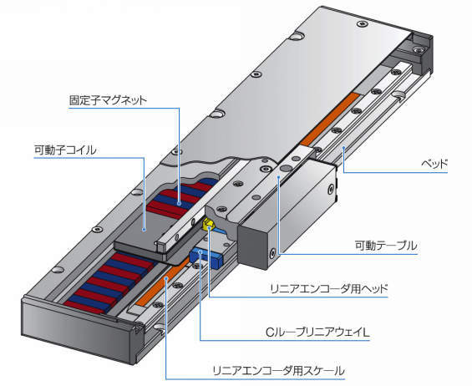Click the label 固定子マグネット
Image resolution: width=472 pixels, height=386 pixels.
[108, 100]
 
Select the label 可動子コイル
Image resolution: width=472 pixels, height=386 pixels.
[65, 150]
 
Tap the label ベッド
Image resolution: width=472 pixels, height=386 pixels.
[434, 164]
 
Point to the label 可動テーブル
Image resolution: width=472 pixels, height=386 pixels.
[386, 246]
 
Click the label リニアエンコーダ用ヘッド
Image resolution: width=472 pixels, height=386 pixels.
[328, 289]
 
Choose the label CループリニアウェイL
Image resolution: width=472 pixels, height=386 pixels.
[317, 333]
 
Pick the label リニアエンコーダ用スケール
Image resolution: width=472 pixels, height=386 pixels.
[278, 370]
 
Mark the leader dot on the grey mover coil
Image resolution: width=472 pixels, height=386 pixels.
[145, 230]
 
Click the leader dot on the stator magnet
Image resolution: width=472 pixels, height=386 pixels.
[180, 204]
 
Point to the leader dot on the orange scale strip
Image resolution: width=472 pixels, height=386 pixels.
[166, 279]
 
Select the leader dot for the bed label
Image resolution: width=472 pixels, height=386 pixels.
[343, 147]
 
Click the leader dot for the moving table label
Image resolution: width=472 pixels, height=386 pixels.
[279, 177]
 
